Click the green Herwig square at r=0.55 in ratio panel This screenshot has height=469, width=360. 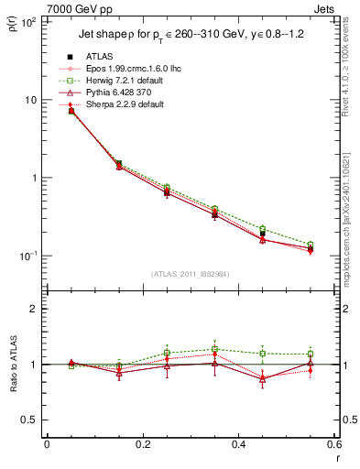point(310,354)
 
